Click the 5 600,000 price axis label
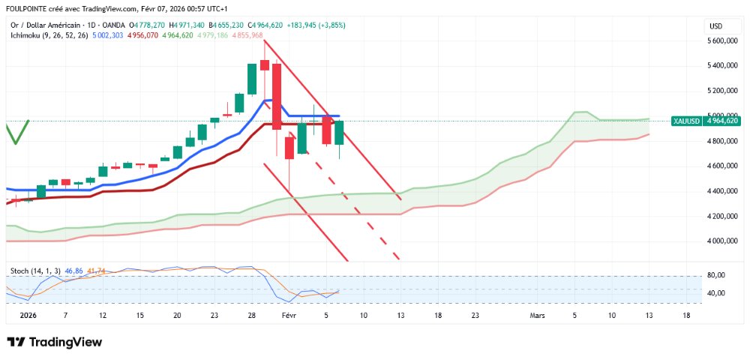coord(721,40)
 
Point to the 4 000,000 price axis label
coord(721,241)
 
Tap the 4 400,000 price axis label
coord(721,190)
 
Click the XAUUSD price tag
coord(687,121)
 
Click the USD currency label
coord(715,26)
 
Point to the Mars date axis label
coord(538,316)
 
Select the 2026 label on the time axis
coord(28,316)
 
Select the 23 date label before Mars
coord(475,316)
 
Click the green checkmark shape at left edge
coord(16,132)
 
